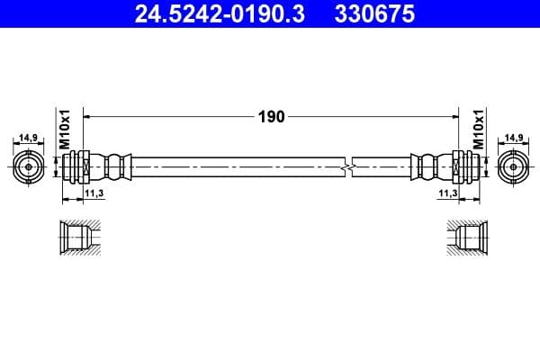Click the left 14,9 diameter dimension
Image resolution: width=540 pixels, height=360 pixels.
pyautogui.click(x=28, y=138)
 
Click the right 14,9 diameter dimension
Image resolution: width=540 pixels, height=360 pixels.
pyautogui.click(x=514, y=138)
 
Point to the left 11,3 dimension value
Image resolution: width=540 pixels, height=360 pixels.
pyautogui.click(x=94, y=193)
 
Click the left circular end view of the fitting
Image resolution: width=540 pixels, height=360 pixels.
pyautogui.click(x=29, y=166)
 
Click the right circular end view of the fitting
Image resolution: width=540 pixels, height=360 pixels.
pyautogui.click(x=512, y=166)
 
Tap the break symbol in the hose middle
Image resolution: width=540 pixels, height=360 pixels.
pyautogui.click(x=347, y=166)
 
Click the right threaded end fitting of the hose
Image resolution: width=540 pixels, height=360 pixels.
pyautogui.click(x=460, y=166)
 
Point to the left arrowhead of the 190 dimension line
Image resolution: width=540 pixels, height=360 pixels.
pyautogui.click(x=87, y=116)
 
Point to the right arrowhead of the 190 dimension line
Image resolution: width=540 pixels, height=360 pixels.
pyautogui.click(x=453, y=116)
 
